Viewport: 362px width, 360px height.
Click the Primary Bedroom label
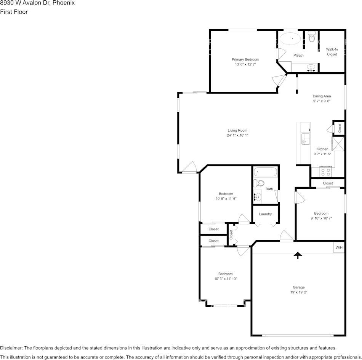coord(245,59)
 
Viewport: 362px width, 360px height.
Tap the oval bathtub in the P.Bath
coord(290,39)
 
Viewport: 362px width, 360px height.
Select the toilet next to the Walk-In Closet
coord(312,37)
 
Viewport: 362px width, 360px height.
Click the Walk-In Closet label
coord(332,52)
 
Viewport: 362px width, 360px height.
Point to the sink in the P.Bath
coord(311,68)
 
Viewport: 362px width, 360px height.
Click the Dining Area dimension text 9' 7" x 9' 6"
coord(322,101)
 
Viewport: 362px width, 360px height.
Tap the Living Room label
coord(237,130)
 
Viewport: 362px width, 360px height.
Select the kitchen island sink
coord(305,139)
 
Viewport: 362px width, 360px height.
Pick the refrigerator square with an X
coord(338,144)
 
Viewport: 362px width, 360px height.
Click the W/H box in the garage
coord(339,247)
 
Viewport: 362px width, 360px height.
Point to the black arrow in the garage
coord(298,255)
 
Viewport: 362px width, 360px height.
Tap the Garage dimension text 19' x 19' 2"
coord(299,292)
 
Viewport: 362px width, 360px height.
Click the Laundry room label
coord(265,214)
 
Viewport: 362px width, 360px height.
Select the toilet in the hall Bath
coord(259,183)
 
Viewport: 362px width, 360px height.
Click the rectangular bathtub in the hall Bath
coord(265,172)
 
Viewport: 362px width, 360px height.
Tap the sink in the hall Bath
coord(258,197)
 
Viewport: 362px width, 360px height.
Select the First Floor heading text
coord(14,12)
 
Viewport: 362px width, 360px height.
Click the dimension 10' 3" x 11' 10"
coord(226,279)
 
